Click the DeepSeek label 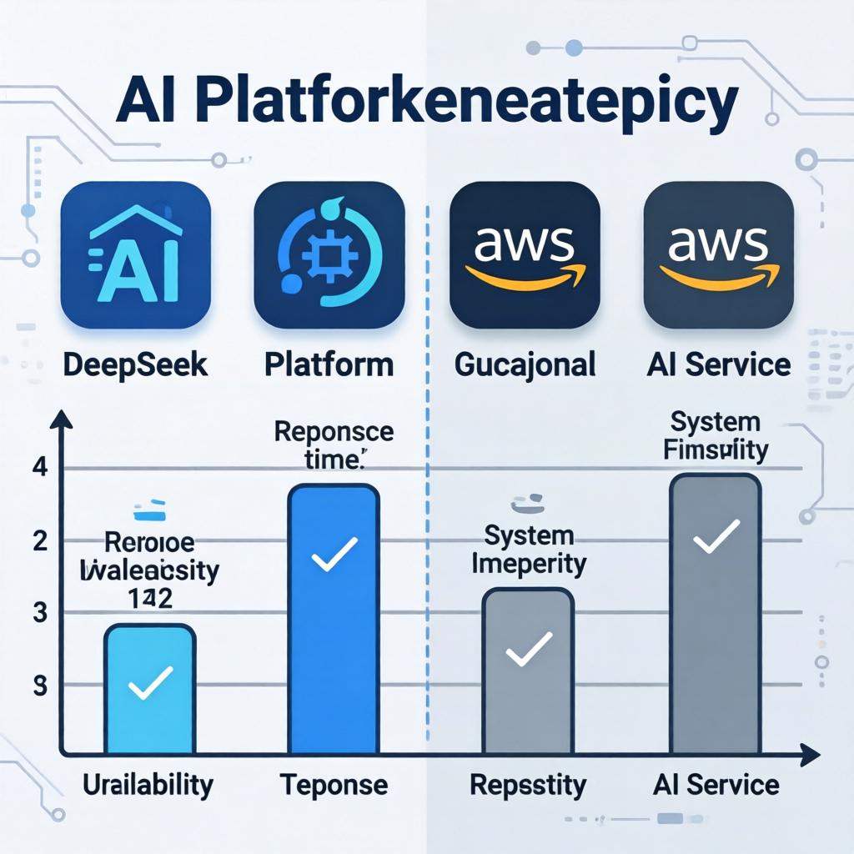(134, 364)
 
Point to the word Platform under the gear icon (329, 364)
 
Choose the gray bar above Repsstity (528, 667)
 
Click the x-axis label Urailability (148, 785)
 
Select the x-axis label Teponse (334, 785)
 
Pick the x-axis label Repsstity (528, 785)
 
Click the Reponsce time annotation (334, 444)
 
